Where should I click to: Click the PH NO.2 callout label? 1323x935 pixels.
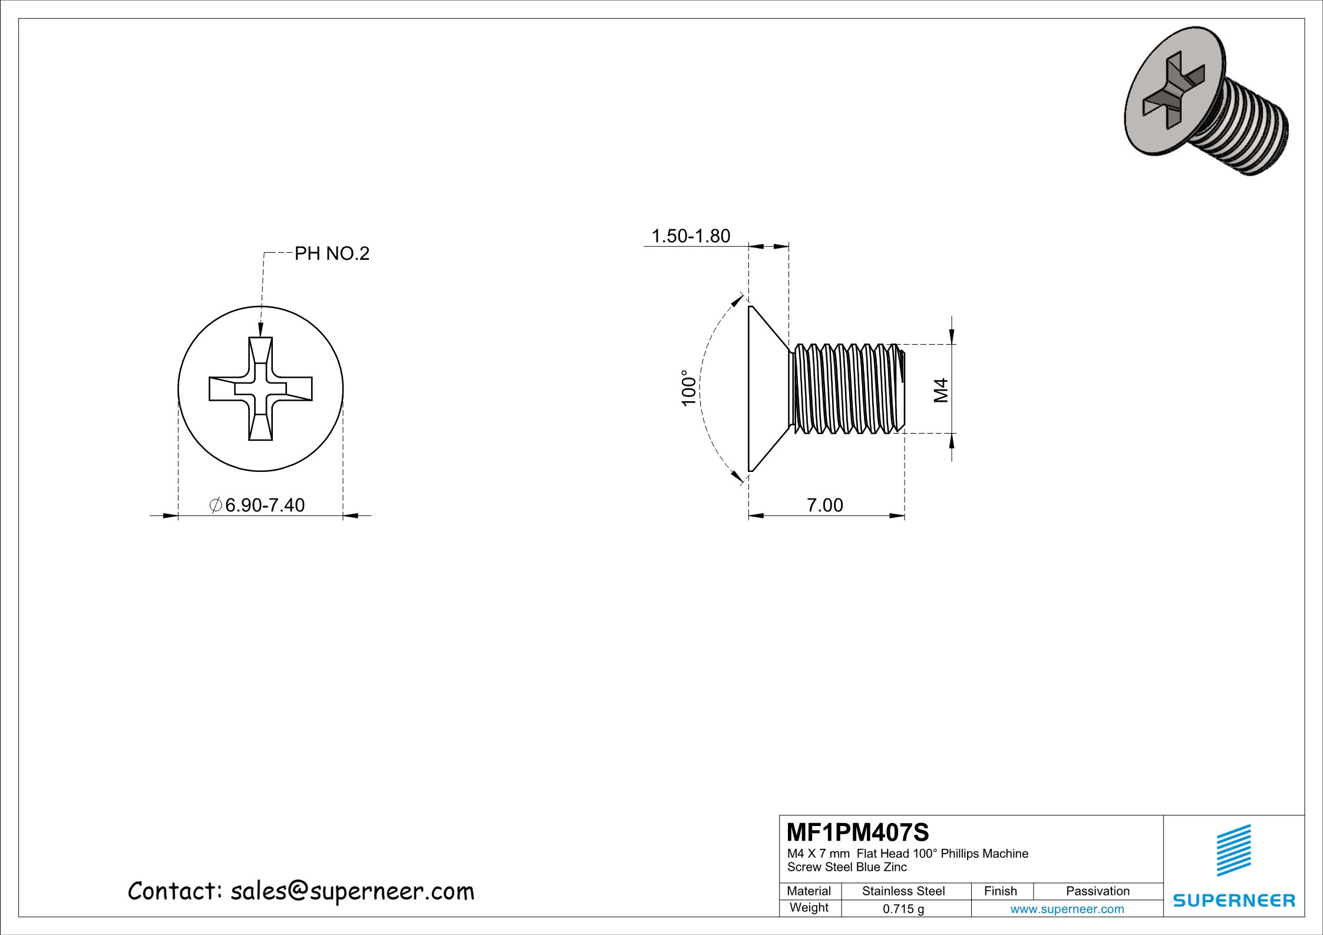pyautogui.click(x=332, y=254)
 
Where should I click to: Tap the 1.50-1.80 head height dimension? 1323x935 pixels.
pyautogui.click(x=690, y=236)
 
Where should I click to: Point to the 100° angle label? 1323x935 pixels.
pyautogui.click(x=688, y=388)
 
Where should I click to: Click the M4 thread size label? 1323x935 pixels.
pyautogui.click(x=941, y=390)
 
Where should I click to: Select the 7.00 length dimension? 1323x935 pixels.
pyautogui.click(x=824, y=505)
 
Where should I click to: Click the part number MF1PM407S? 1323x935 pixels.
pyautogui.click(x=857, y=832)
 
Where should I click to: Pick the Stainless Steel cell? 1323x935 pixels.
pyautogui.click(x=903, y=891)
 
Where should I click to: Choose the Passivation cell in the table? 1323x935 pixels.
pyautogui.click(x=1097, y=891)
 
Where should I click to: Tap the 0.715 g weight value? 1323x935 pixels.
pyautogui.click(x=903, y=909)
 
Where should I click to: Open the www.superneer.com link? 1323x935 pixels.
pyautogui.click(x=1067, y=909)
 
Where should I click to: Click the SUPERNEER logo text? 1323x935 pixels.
pyautogui.click(x=1234, y=900)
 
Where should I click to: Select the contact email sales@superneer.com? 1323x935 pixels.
pyautogui.click(x=352, y=891)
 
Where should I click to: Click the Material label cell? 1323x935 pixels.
pyautogui.click(x=809, y=891)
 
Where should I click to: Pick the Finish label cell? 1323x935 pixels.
pyautogui.click(x=1001, y=891)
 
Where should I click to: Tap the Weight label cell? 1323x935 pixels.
pyautogui.click(x=809, y=908)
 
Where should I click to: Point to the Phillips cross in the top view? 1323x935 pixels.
pyautogui.click(x=260, y=389)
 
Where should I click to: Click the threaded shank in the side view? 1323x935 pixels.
pyautogui.click(x=846, y=389)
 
